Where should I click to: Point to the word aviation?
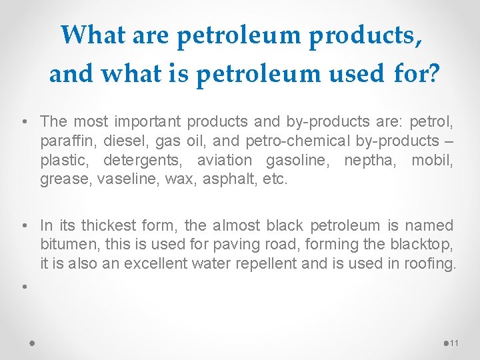click(x=226, y=161)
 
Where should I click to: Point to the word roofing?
click(x=429, y=264)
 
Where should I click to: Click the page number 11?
click(x=455, y=343)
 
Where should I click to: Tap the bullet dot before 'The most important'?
click(x=23, y=123)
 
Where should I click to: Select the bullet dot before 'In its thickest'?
click(x=23, y=227)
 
